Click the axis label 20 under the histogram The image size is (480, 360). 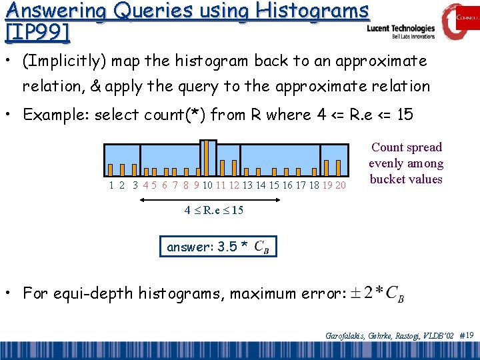(x=340, y=185)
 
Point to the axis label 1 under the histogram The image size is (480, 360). (x=111, y=185)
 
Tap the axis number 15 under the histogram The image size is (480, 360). (x=274, y=185)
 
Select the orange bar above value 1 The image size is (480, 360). (x=111, y=169)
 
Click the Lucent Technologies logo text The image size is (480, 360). (x=401, y=29)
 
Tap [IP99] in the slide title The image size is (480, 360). (x=37, y=31)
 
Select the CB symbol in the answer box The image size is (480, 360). (x=263, y=248)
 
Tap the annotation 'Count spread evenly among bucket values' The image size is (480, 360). (x=407, y=163)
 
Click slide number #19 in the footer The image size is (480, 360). (x=467, y=335)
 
